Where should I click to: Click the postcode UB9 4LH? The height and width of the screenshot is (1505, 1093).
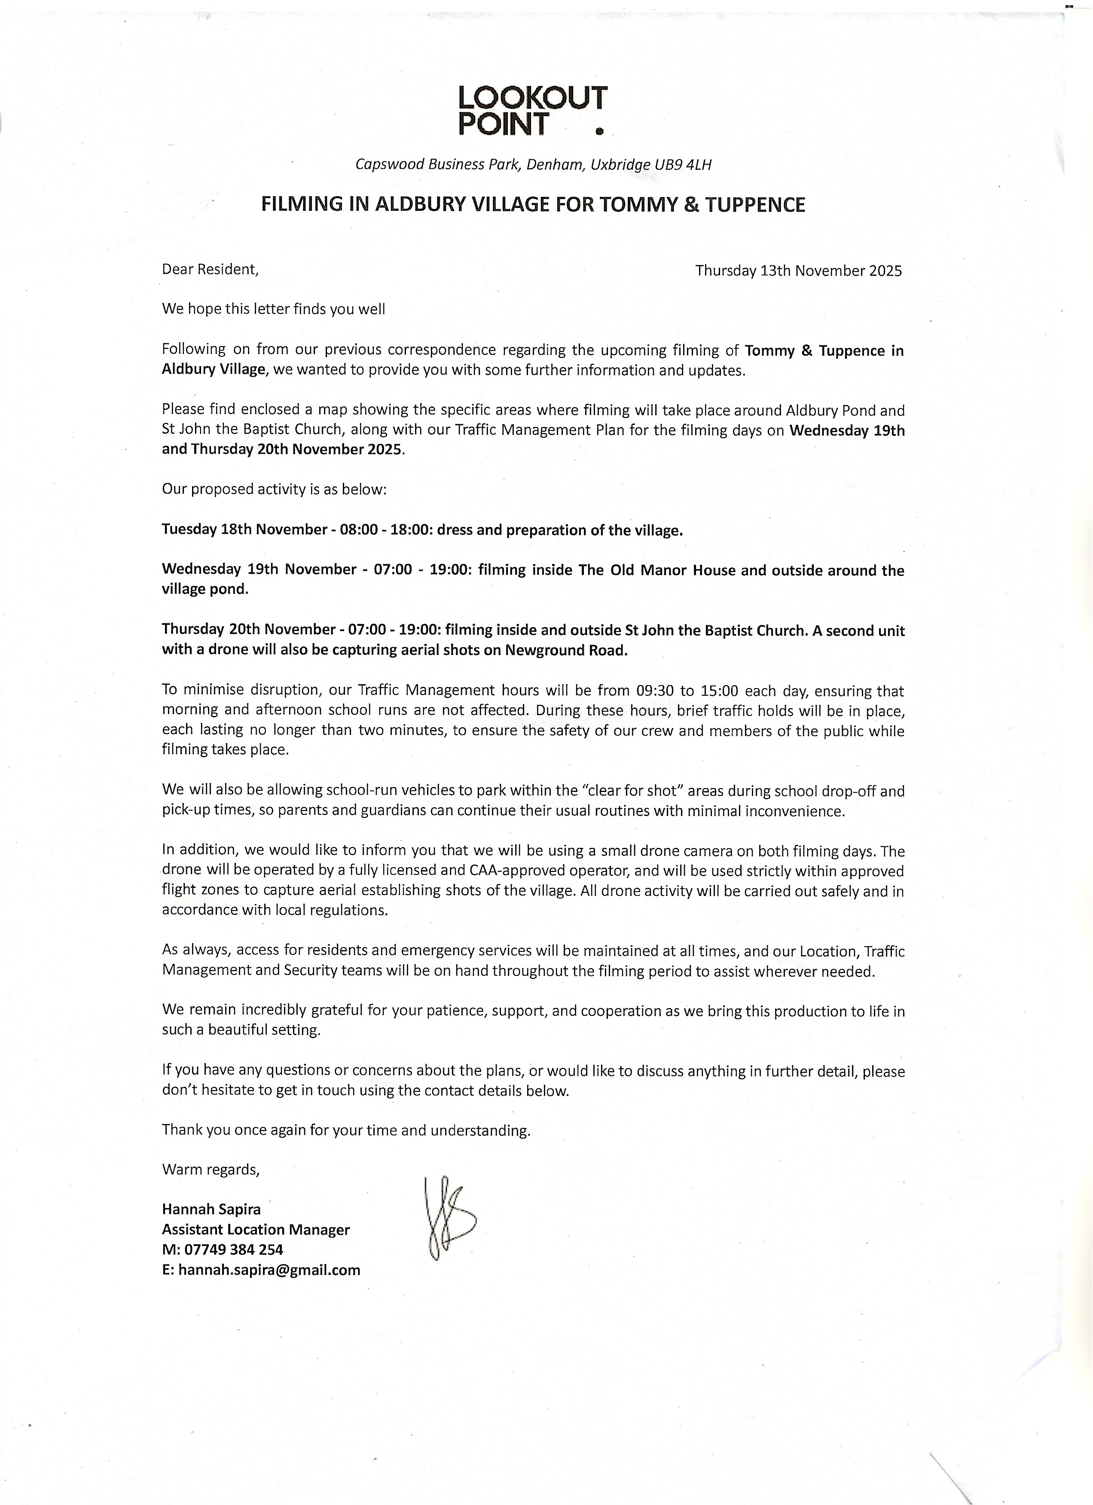[x=683, y=165]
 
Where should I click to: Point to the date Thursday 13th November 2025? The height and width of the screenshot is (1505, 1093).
[x=798, y=271]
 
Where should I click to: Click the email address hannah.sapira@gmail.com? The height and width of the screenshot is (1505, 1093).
[x=269, y=1270]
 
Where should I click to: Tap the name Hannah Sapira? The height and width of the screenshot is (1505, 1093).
[x=211, y=1209]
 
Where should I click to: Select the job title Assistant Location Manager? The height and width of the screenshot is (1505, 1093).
[x=256, y=1230]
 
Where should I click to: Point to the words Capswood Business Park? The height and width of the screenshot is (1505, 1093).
[x=437, y=165]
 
